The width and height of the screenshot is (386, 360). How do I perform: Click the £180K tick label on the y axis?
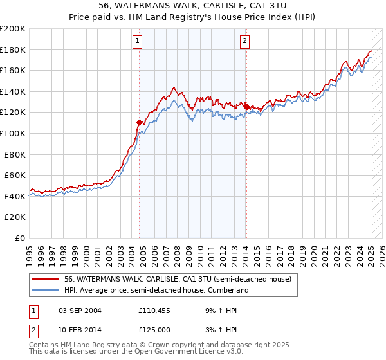[13, 50]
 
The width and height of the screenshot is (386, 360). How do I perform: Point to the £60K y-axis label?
[15, 175]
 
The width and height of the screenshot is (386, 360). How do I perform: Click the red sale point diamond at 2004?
[139, 122]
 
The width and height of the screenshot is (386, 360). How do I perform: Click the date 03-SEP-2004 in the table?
[80, 310]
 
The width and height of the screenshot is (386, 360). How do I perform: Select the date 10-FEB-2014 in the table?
[80, 329]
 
